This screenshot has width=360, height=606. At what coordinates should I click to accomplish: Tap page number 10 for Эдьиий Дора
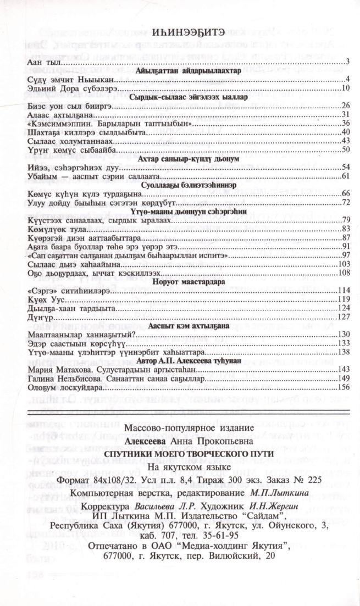[346, 88]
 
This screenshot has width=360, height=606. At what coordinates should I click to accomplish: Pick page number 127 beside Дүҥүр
[344, 316]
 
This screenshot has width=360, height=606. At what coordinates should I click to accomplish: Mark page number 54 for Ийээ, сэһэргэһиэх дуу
[346, 167]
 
